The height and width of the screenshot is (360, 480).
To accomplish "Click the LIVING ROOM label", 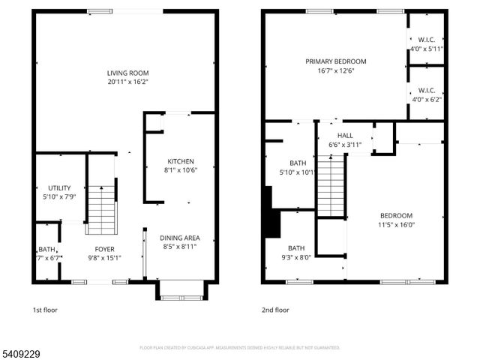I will (x=127, y=73).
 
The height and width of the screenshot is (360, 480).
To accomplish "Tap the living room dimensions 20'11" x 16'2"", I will (x=127, y=82).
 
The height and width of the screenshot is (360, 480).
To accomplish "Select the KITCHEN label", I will (x=180, y=161).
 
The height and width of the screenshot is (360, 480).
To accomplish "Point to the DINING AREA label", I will (x=180, y=238).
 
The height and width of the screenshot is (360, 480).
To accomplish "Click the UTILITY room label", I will (x=59, y=188).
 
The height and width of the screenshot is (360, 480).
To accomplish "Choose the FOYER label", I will (x=104, y=249).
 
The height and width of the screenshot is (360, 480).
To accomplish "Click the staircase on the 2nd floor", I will (x=331, y=184).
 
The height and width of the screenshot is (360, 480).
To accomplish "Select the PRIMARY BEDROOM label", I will (x=335, y=61).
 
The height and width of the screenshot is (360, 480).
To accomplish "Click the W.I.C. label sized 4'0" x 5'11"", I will (x=427, y=40).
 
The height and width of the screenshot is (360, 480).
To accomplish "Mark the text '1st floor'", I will (x=44, y=310).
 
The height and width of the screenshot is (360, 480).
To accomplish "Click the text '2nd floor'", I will (x=274, y=310).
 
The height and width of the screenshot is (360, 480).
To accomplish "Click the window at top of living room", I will (x=105, y=10).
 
